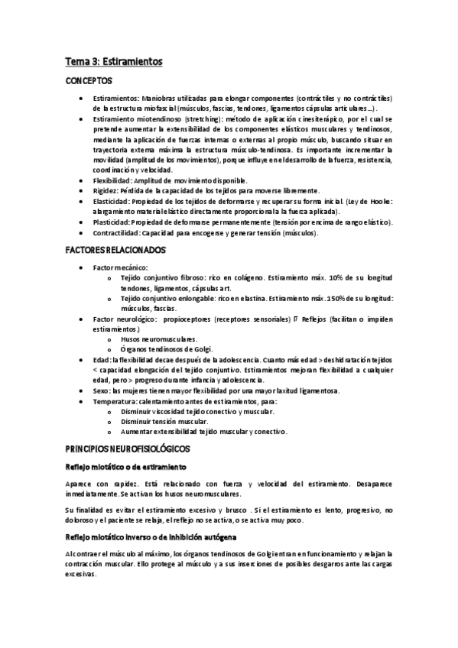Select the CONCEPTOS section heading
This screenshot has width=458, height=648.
tap(89, 80)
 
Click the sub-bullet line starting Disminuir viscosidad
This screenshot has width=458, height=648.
tap(191, 411)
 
